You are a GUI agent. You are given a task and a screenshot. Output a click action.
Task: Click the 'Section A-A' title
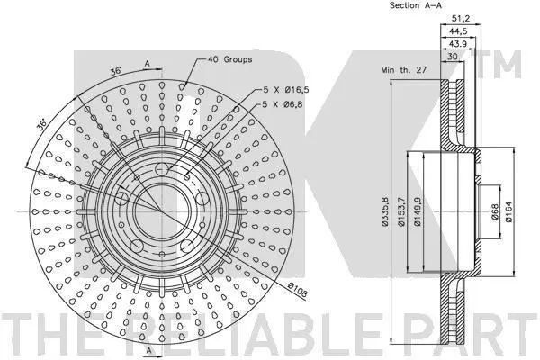[x=415, y=5]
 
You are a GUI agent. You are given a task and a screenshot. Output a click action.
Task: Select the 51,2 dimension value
[x=461, y=18]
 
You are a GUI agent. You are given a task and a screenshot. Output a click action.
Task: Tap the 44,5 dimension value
[x=458, y=31]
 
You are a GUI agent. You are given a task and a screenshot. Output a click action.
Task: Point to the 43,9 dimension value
[x=457, y=44]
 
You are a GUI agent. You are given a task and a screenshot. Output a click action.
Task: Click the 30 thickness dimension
[x=452, y=57]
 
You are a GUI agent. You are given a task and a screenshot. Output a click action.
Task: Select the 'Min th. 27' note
[x=403, y=70]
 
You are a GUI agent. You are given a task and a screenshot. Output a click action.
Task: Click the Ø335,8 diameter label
[x=385, y=211]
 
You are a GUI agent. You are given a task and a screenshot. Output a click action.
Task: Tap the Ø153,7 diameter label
[x=401, y=211]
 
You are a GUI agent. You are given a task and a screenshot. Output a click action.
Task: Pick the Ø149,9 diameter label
[x=418, y=211]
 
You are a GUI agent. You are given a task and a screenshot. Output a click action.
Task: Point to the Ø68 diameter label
[x=494, y=211]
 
